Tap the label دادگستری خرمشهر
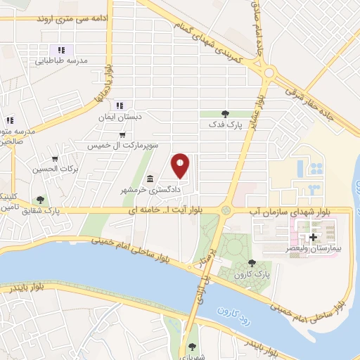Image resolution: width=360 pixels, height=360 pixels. point(174,189)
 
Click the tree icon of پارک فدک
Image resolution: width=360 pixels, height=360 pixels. point(225,114)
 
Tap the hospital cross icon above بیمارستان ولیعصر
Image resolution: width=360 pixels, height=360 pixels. point(313,238)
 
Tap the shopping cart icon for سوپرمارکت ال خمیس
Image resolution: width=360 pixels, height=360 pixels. point(123,135)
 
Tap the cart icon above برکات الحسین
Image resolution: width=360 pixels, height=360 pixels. point(55,157)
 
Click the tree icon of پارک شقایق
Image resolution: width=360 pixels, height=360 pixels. point(41,200)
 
